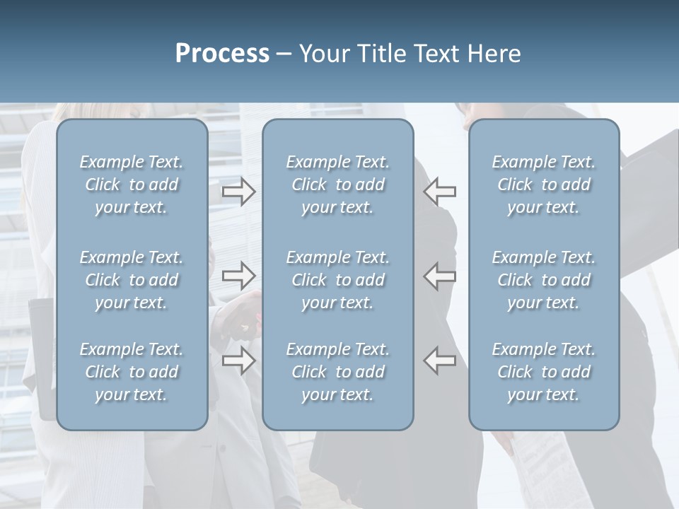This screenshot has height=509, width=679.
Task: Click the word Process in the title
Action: pyautogui.click(x=222, y=54)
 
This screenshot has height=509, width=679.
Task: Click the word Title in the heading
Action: pyautogui.click(x=381, y=54)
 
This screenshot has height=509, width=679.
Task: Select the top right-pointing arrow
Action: pyautogui.click(x=238, y=192)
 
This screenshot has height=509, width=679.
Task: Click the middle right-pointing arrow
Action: pyautogui.click(x=238, y=275)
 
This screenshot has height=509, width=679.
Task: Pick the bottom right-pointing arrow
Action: pyautogui.click(x=238, y=360)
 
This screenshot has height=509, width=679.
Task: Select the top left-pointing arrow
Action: pyautogui.click(x=440, y=192)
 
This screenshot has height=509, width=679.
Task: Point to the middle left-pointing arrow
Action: pyautogui.click(x=440, y=275)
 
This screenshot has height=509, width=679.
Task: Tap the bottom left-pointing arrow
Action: pyautogui.click(x=440, y=360)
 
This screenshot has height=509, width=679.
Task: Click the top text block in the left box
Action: pyautogui.click(x=132, y=185)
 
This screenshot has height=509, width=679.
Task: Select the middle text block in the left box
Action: pyautogui.click(x=132, y=280)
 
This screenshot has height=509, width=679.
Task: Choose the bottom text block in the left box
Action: pyautogui.click(x=132, y=372)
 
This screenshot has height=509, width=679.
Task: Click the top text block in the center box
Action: pyautogui.click(x=337, y=185)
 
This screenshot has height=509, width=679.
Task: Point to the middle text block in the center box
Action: pyautogui.click(x=337, y=280)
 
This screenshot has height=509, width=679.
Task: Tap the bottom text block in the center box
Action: pyautogui.click(x=337, y=372)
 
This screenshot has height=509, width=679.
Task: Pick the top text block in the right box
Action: pyautogui.click(x=544, y=185)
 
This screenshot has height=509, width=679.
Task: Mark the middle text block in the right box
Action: pyautogui.click(x=544, y=280)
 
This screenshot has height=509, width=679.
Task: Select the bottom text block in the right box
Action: pyautogui.click(x=544, y=372)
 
